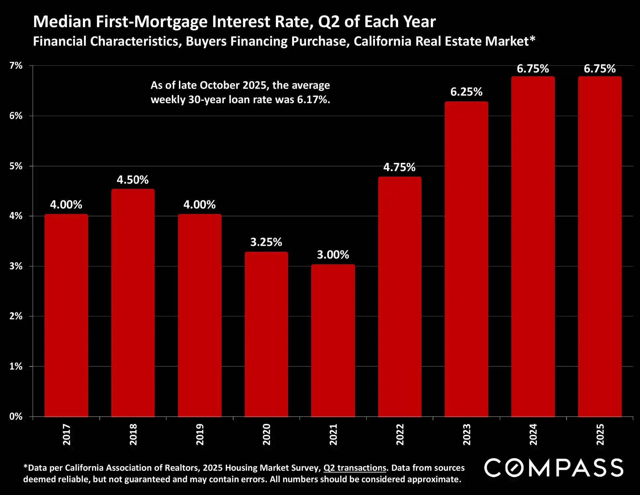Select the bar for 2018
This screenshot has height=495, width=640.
tap(133, 302)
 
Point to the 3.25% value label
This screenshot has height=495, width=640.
tap(266, 242)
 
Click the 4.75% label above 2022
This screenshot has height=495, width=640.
tap(399, 167)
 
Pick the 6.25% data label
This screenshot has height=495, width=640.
tap(466, 92)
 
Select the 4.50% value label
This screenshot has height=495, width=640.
tap(133, 180)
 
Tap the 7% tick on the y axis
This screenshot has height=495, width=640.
tap(16, 66)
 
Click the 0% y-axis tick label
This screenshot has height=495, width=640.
tap(16, 416)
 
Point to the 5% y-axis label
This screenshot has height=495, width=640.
tap(16, 166)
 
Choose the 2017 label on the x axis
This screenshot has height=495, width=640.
tap(66, 434)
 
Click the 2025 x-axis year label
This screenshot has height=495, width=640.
tap(600, 434)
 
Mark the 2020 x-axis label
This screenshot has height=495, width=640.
tap(266, 434)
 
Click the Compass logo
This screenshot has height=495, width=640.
tap(554, 468)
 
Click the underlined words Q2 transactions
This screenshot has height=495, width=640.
tap(355, 468)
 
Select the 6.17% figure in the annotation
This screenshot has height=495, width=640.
tap(313, 100)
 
